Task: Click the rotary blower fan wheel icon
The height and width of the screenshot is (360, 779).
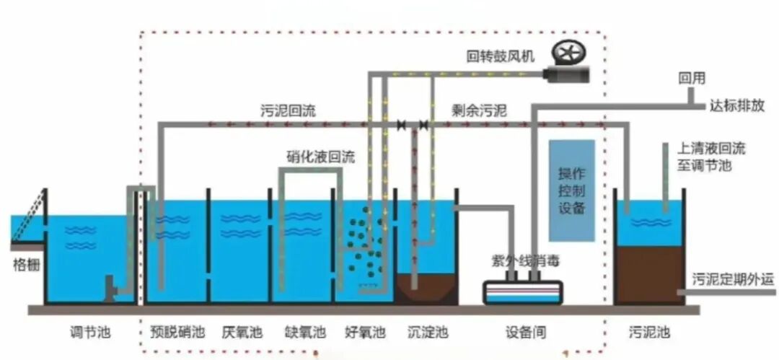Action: click(x=569, y=53)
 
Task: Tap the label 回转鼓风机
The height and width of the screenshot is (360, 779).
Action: click(x=500, y=57)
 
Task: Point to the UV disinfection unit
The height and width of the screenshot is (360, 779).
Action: click(x=523, y=292)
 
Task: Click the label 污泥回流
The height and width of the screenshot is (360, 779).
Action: click(x=288, y=110)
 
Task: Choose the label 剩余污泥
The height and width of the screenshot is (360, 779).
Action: click(x=479, y=110)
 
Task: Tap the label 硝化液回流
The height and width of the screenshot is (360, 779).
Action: click(x=320, y=157)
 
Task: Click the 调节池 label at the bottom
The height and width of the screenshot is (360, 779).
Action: click(x=90, y=332)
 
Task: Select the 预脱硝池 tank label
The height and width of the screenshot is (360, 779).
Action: click(x=177, y=332)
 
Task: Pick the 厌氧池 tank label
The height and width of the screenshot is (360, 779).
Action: click(x=242, y=332)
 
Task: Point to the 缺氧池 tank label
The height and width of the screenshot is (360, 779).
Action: click(x=305, y=332)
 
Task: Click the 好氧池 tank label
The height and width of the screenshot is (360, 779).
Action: click(x=365, y=332)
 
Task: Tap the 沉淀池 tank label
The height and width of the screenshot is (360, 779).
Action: click(x=428, y=332)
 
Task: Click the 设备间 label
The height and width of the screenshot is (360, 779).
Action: click(x=526, y=332)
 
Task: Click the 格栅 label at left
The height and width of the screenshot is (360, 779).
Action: click(x=26, y=265)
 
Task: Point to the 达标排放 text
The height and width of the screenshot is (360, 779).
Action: click(x=736, y=106)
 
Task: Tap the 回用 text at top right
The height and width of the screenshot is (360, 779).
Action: click(x=692, y=79)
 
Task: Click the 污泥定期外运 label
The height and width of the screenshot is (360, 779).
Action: click(x=734, y=280)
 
